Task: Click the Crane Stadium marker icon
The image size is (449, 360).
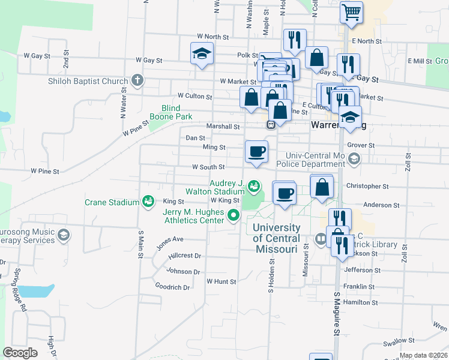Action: pyautogui.click(x=147, y=202)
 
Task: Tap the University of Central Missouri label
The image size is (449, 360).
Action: pyautogui.click(x=276, y=238)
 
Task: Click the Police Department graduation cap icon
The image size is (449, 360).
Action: pyautogui.click(x=354, y=159)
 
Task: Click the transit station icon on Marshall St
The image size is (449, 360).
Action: pyautogui.click(x=271, y=125)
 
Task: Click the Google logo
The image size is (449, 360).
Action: pyautogui.click(x=20, y=352)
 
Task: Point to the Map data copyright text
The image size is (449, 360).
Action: pyautogui.click(x=423, y=355)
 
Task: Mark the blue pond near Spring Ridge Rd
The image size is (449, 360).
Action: pyautogui.click(x=36, y=292)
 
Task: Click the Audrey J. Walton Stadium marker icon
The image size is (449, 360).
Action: pyautogui.click(x=255, y=185)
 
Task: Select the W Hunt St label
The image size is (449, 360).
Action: pyautogui.click(x=221, y=281)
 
